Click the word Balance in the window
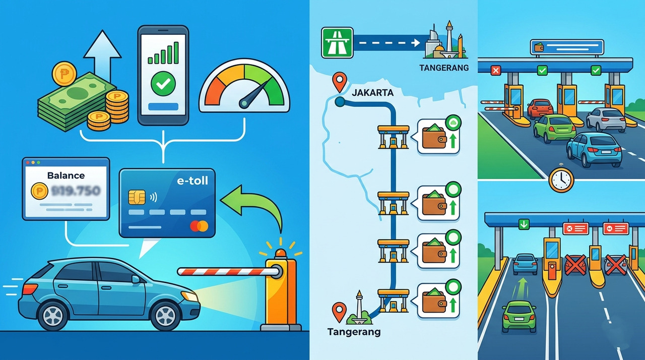click(66, 176)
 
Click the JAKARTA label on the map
click(372, 93)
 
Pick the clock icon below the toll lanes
click(561, 179)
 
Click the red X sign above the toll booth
click(495, 71)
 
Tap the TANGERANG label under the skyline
click(443, 67)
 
